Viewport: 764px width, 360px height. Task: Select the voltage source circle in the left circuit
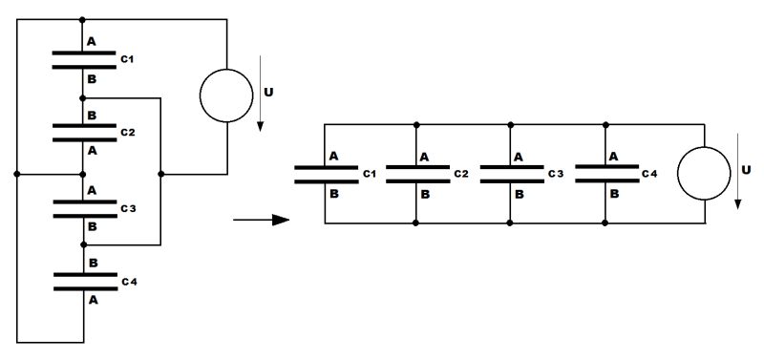click(226, 95)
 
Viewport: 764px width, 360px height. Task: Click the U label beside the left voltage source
click(268, 95)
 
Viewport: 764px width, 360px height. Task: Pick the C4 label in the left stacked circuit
click(127, 281)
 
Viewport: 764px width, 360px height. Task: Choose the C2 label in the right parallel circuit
click(461, 174)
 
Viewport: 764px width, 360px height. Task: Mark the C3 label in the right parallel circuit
click(555, 174)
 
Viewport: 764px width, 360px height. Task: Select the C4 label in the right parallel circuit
click(649, 174)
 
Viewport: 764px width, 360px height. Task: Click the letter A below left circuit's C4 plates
click(92, 299)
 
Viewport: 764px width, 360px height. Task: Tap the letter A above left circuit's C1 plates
click(92, 42)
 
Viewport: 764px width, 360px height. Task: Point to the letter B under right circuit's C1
click(334, 193)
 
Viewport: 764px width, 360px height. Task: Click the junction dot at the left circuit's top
click(83, 19)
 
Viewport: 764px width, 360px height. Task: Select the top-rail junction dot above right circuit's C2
click(417, 124)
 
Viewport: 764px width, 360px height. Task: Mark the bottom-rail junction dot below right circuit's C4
click(605, 223)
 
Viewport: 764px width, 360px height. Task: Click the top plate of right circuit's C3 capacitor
click(511, 167)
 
